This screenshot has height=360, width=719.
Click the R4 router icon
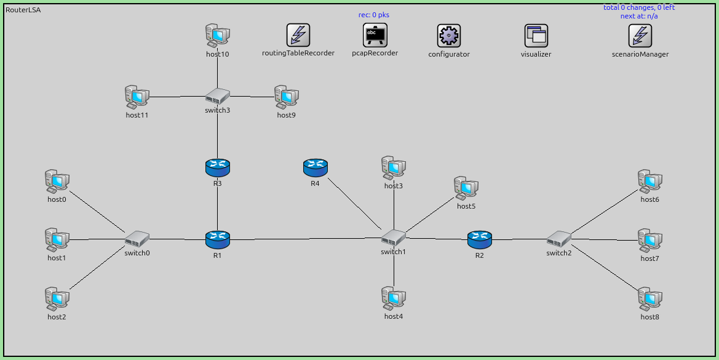click(315, 167)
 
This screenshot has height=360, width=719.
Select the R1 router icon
click(217, 239)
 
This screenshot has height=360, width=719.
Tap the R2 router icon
click(480, 239)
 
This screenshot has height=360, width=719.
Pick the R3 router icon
click(217, 167)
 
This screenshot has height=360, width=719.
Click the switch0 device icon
click(137, 238)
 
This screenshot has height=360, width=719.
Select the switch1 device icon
click(393, 238)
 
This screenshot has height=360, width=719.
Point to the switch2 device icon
click(559, 239)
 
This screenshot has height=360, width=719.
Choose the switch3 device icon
click(217, 96)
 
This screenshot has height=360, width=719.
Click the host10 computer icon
click(217, 36)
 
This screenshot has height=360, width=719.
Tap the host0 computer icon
click(57, 182)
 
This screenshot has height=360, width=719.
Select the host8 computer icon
click(649, 299)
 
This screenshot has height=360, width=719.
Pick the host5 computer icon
click(466, 188)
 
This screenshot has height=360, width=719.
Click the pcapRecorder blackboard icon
click(375, 36)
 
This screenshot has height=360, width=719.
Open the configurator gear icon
click(449, 36)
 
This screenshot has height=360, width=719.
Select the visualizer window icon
click(536, 36)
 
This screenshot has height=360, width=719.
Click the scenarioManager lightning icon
click(640, 36)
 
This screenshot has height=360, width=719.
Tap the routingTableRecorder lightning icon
click(298, 36)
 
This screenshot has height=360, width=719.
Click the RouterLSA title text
click(23, 10)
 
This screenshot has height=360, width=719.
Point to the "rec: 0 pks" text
click(374, 15)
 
